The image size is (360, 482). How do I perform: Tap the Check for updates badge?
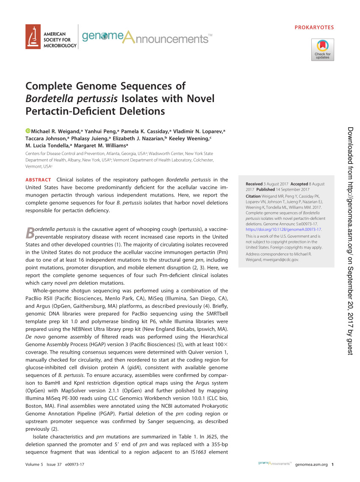tap(322, 50)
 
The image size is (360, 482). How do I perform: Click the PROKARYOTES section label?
tap(314, 28)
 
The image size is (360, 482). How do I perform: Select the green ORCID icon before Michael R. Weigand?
tap(28, 131)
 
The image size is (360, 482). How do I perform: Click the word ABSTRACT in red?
tap(38, 180)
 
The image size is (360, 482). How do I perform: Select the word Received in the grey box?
tap(254, 184)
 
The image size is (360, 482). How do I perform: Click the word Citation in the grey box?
tap(253, 197)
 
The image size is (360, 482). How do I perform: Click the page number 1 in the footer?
tap(333, 464)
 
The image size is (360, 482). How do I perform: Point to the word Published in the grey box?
tap(265, 189)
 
